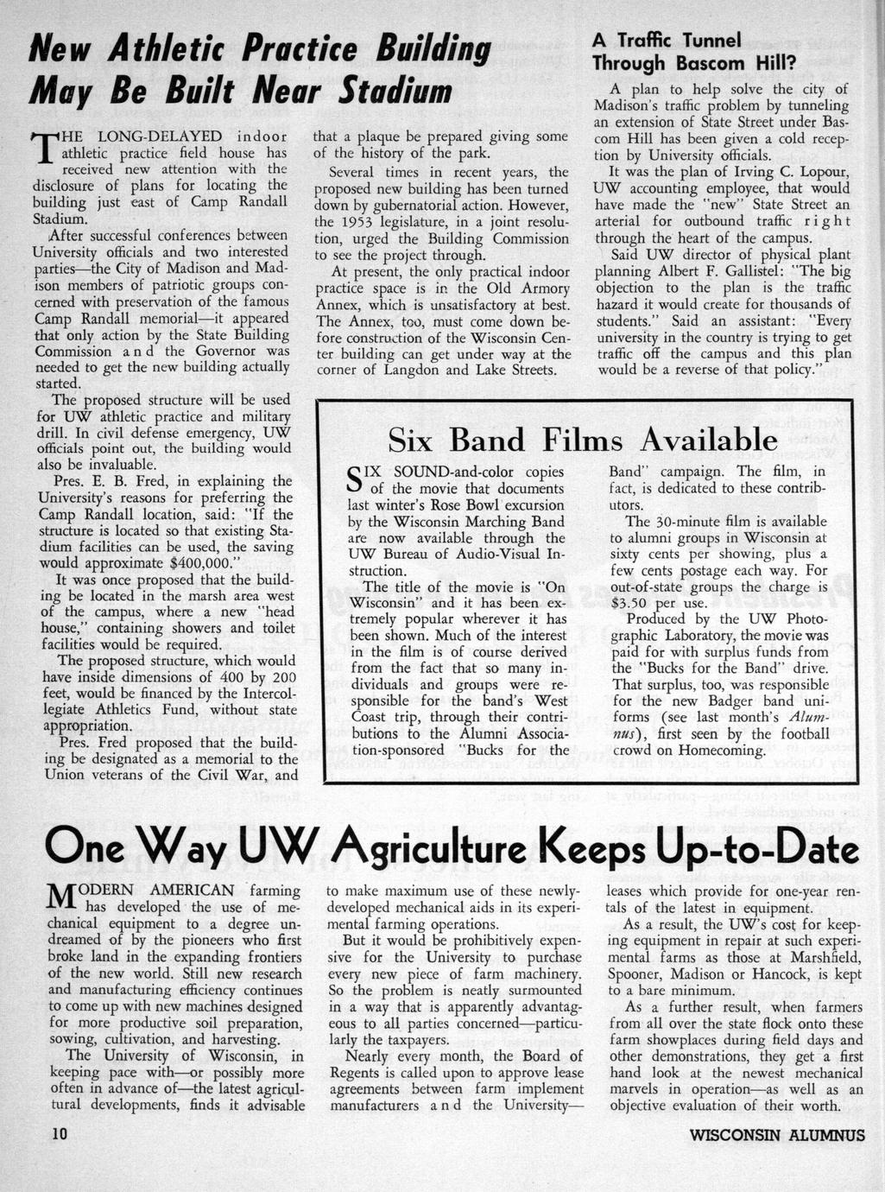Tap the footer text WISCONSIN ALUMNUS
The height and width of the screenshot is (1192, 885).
click(777, 1135)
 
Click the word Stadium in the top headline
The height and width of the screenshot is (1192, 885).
click(395, 92)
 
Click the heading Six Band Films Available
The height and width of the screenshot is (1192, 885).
click(583, 441)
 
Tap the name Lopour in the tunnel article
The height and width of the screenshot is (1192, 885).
click(819, 171)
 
